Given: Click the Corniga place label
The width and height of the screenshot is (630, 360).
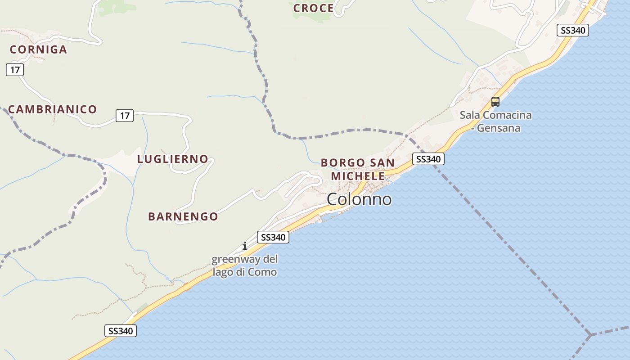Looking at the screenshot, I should coord(38,49).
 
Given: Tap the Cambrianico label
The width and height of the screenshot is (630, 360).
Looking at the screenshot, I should coord(52,109).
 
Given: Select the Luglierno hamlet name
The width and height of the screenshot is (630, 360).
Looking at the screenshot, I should coord(172,159).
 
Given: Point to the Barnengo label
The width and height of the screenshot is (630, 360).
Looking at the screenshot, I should coord(183,216).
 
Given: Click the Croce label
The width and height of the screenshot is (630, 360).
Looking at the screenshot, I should coord(313,8).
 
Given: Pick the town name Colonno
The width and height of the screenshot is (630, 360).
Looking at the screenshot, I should coord(359,199).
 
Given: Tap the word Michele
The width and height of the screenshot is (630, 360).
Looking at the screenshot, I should coord(358,175).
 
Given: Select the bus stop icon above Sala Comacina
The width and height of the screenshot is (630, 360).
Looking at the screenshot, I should coord(495,102).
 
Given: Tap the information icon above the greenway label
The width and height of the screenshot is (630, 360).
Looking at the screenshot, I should coord(245,246).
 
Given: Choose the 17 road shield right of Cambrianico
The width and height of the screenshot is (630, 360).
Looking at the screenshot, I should coord(125,116).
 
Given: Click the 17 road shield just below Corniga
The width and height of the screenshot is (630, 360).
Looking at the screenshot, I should coord(14,70).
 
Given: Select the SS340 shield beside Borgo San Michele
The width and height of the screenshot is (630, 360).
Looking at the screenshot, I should coord(428,159).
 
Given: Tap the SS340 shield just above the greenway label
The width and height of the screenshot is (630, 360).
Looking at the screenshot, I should coord(273,237).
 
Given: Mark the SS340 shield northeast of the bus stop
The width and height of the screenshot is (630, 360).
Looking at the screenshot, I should coord(572,30).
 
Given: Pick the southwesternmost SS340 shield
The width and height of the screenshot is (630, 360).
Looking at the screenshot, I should coord(121,331).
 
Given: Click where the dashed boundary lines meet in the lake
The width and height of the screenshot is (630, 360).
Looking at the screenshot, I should coord(589,335).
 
